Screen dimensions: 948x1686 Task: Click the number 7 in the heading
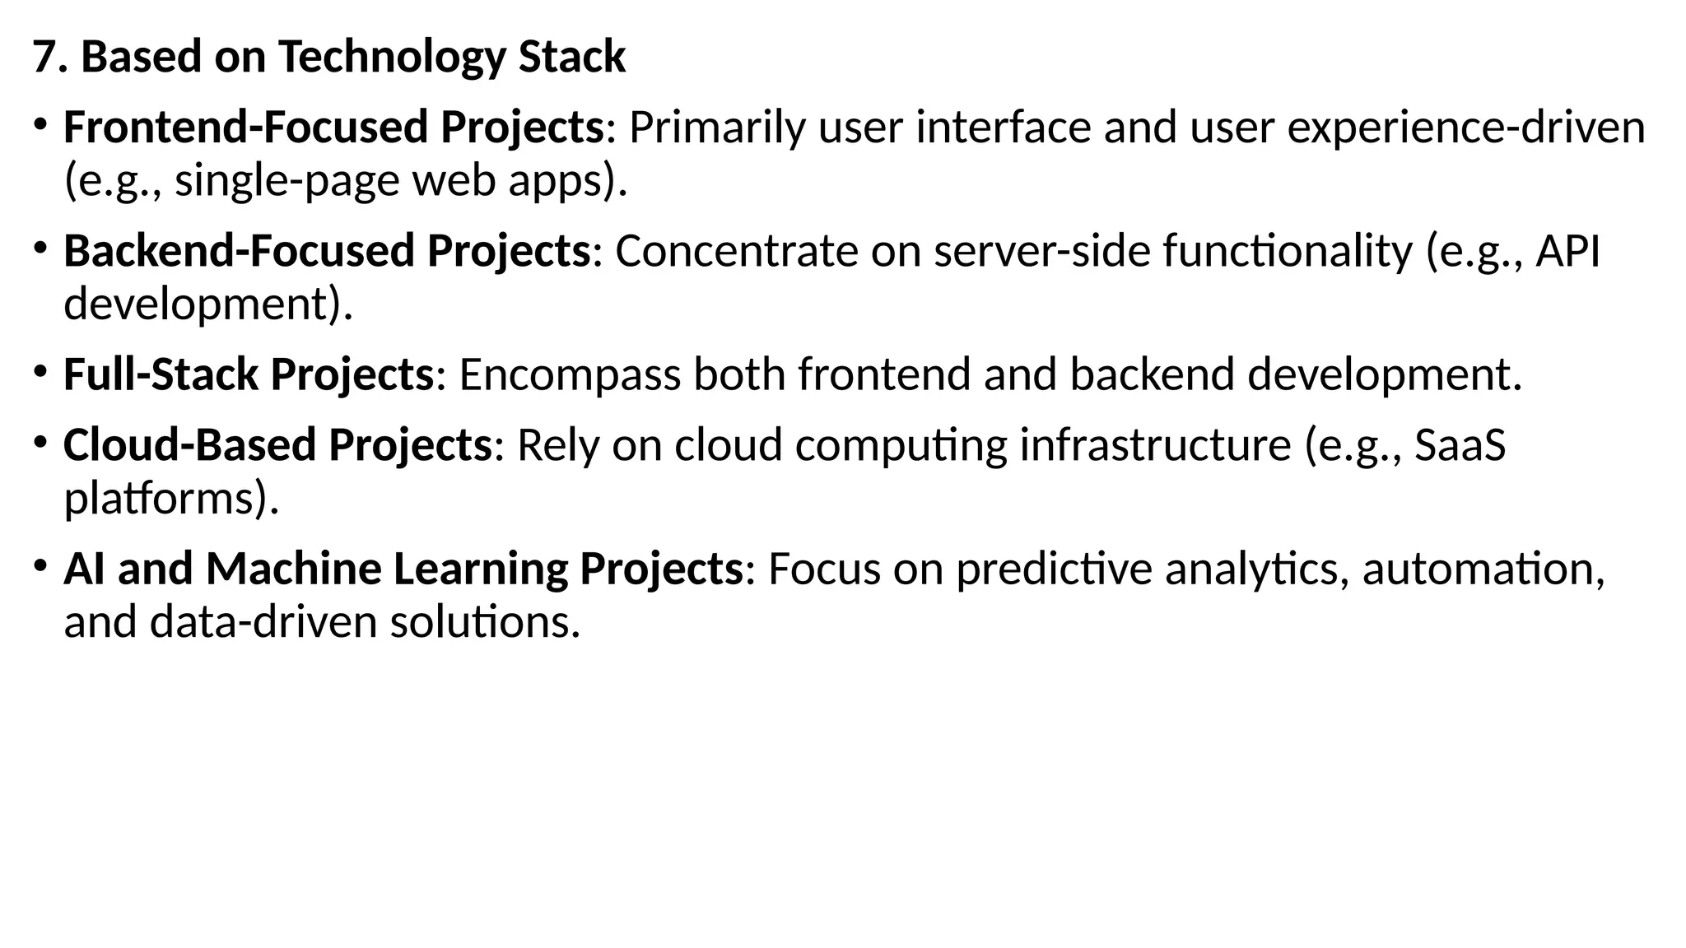45,58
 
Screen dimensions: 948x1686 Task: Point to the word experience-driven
1466,128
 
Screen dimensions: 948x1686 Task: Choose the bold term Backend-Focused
238,251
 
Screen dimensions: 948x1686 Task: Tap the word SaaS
1460,445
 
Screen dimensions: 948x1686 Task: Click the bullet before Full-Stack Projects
40,371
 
